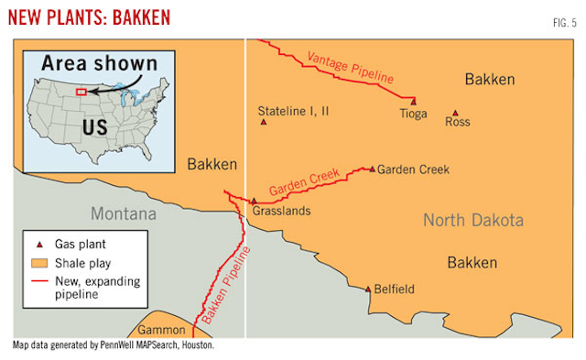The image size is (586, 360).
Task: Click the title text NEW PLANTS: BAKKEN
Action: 87,17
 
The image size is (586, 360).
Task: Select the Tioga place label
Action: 413,115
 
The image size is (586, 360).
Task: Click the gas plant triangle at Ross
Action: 455,114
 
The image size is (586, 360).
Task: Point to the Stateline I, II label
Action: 293,109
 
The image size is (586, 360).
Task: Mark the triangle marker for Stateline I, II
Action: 264,122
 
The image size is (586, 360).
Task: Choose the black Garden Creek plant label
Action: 413,169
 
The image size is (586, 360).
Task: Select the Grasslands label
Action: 281,211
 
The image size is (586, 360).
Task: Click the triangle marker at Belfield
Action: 369,289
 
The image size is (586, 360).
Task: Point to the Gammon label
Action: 162,330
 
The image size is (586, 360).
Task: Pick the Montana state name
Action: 123,213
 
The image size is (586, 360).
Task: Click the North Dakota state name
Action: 472,220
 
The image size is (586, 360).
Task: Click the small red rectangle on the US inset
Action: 81,92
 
